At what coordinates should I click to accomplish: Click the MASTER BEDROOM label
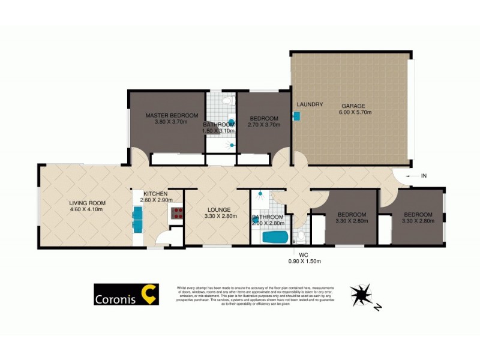tap(172, 115)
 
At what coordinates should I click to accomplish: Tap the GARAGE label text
tap(353, 106)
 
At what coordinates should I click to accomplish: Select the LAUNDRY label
tap(310, 104)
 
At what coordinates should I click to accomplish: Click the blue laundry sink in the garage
tap(296, 117)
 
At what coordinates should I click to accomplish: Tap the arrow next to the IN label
tap(411, 176)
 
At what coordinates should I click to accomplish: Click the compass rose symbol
tap(364, 295)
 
